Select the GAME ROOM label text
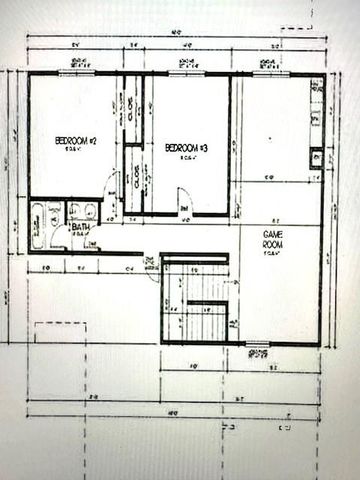(273, 238)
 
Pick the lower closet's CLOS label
(135, 173)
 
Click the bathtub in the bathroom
(38, 224)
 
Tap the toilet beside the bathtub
(57, 211)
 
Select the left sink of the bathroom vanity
(75, 211)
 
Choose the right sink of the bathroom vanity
(89, 211)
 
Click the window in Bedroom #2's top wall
(75, 73)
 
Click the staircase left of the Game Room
(196, 300)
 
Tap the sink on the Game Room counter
(316, 157)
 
